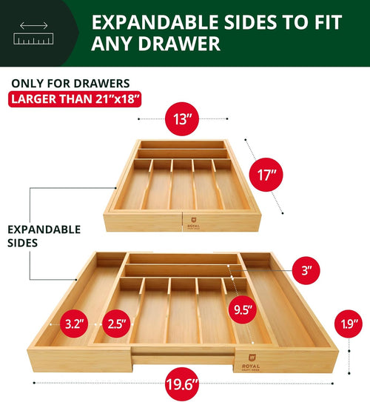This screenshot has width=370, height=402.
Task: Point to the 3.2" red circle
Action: (73, 324)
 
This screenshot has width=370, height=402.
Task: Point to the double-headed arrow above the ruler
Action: (34, 26)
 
